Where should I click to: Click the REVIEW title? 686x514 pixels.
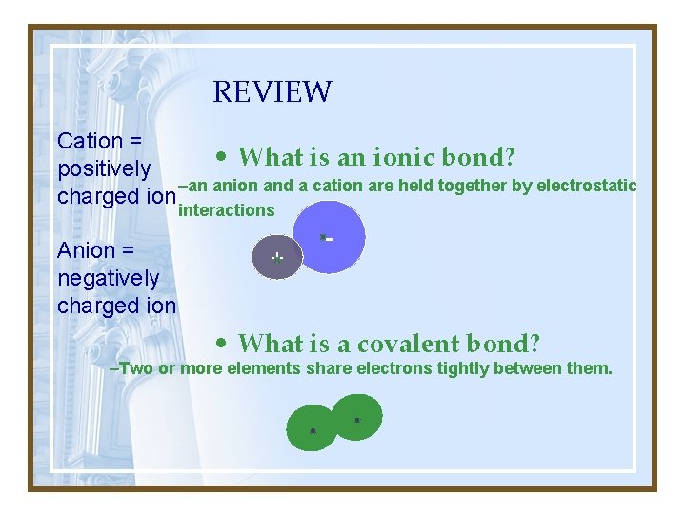click(272, 92)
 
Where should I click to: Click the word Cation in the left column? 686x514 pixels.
click(90, 141)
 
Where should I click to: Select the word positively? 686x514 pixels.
click(104, 169)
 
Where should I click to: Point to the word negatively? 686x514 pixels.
click(109, 279)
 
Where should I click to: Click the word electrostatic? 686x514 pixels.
click(586, 186)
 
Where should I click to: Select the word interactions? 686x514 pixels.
click(227, 210)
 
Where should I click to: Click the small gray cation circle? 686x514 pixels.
click(276, 257)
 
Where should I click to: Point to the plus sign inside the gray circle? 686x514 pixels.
click(276, 257)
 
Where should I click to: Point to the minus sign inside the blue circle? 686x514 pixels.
click(327, 237)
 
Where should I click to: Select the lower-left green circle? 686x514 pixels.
click(312, 428)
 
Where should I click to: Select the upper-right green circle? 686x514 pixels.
click(358, 417)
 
